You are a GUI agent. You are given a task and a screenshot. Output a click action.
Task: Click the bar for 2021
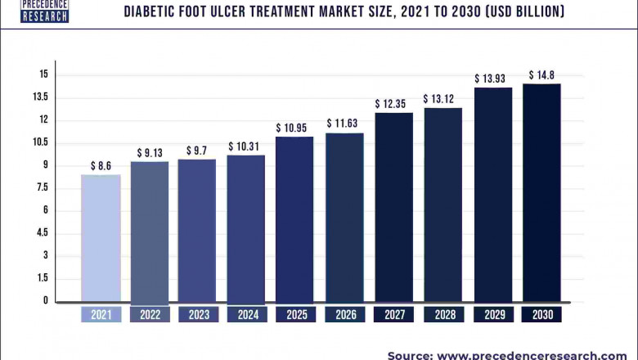[x=101, y=238]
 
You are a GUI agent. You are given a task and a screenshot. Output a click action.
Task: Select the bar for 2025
[x=294, y=218]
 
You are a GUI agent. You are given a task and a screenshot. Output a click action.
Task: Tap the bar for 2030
[x=541, y=192]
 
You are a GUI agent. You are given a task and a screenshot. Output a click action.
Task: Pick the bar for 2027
[x=393, y=207]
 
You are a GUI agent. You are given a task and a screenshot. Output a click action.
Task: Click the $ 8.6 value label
[x=101, y=166]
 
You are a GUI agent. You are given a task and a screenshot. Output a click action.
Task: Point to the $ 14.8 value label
[x=541, y=75]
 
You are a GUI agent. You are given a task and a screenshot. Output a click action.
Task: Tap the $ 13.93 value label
[x=493, y=79]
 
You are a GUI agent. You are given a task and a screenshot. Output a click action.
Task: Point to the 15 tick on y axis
[x=43, y=74]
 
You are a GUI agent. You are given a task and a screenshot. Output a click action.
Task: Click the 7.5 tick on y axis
[x=41, y=188]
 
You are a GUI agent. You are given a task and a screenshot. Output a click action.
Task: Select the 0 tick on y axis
[x=46, y=301]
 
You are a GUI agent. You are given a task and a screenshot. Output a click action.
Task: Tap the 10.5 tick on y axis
[x=41, y=142]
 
